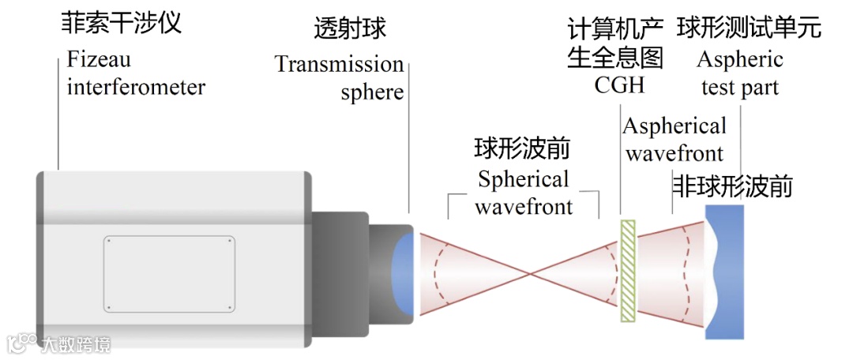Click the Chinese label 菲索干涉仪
click(x=122, y=22)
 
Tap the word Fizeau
click(x=99, y=59)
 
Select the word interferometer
click(x=136, y=86)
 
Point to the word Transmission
click(x=339, y=64)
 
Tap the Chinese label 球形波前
click(x=522, y=148)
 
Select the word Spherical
click(x=523, y=179)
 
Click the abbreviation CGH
click(x=619, y=85)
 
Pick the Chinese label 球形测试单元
click(x=749, y=28)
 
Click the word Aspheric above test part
click(x=740, y=59)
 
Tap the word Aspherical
click(x=675, y=126)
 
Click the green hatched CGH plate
click(x=627, y=271)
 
